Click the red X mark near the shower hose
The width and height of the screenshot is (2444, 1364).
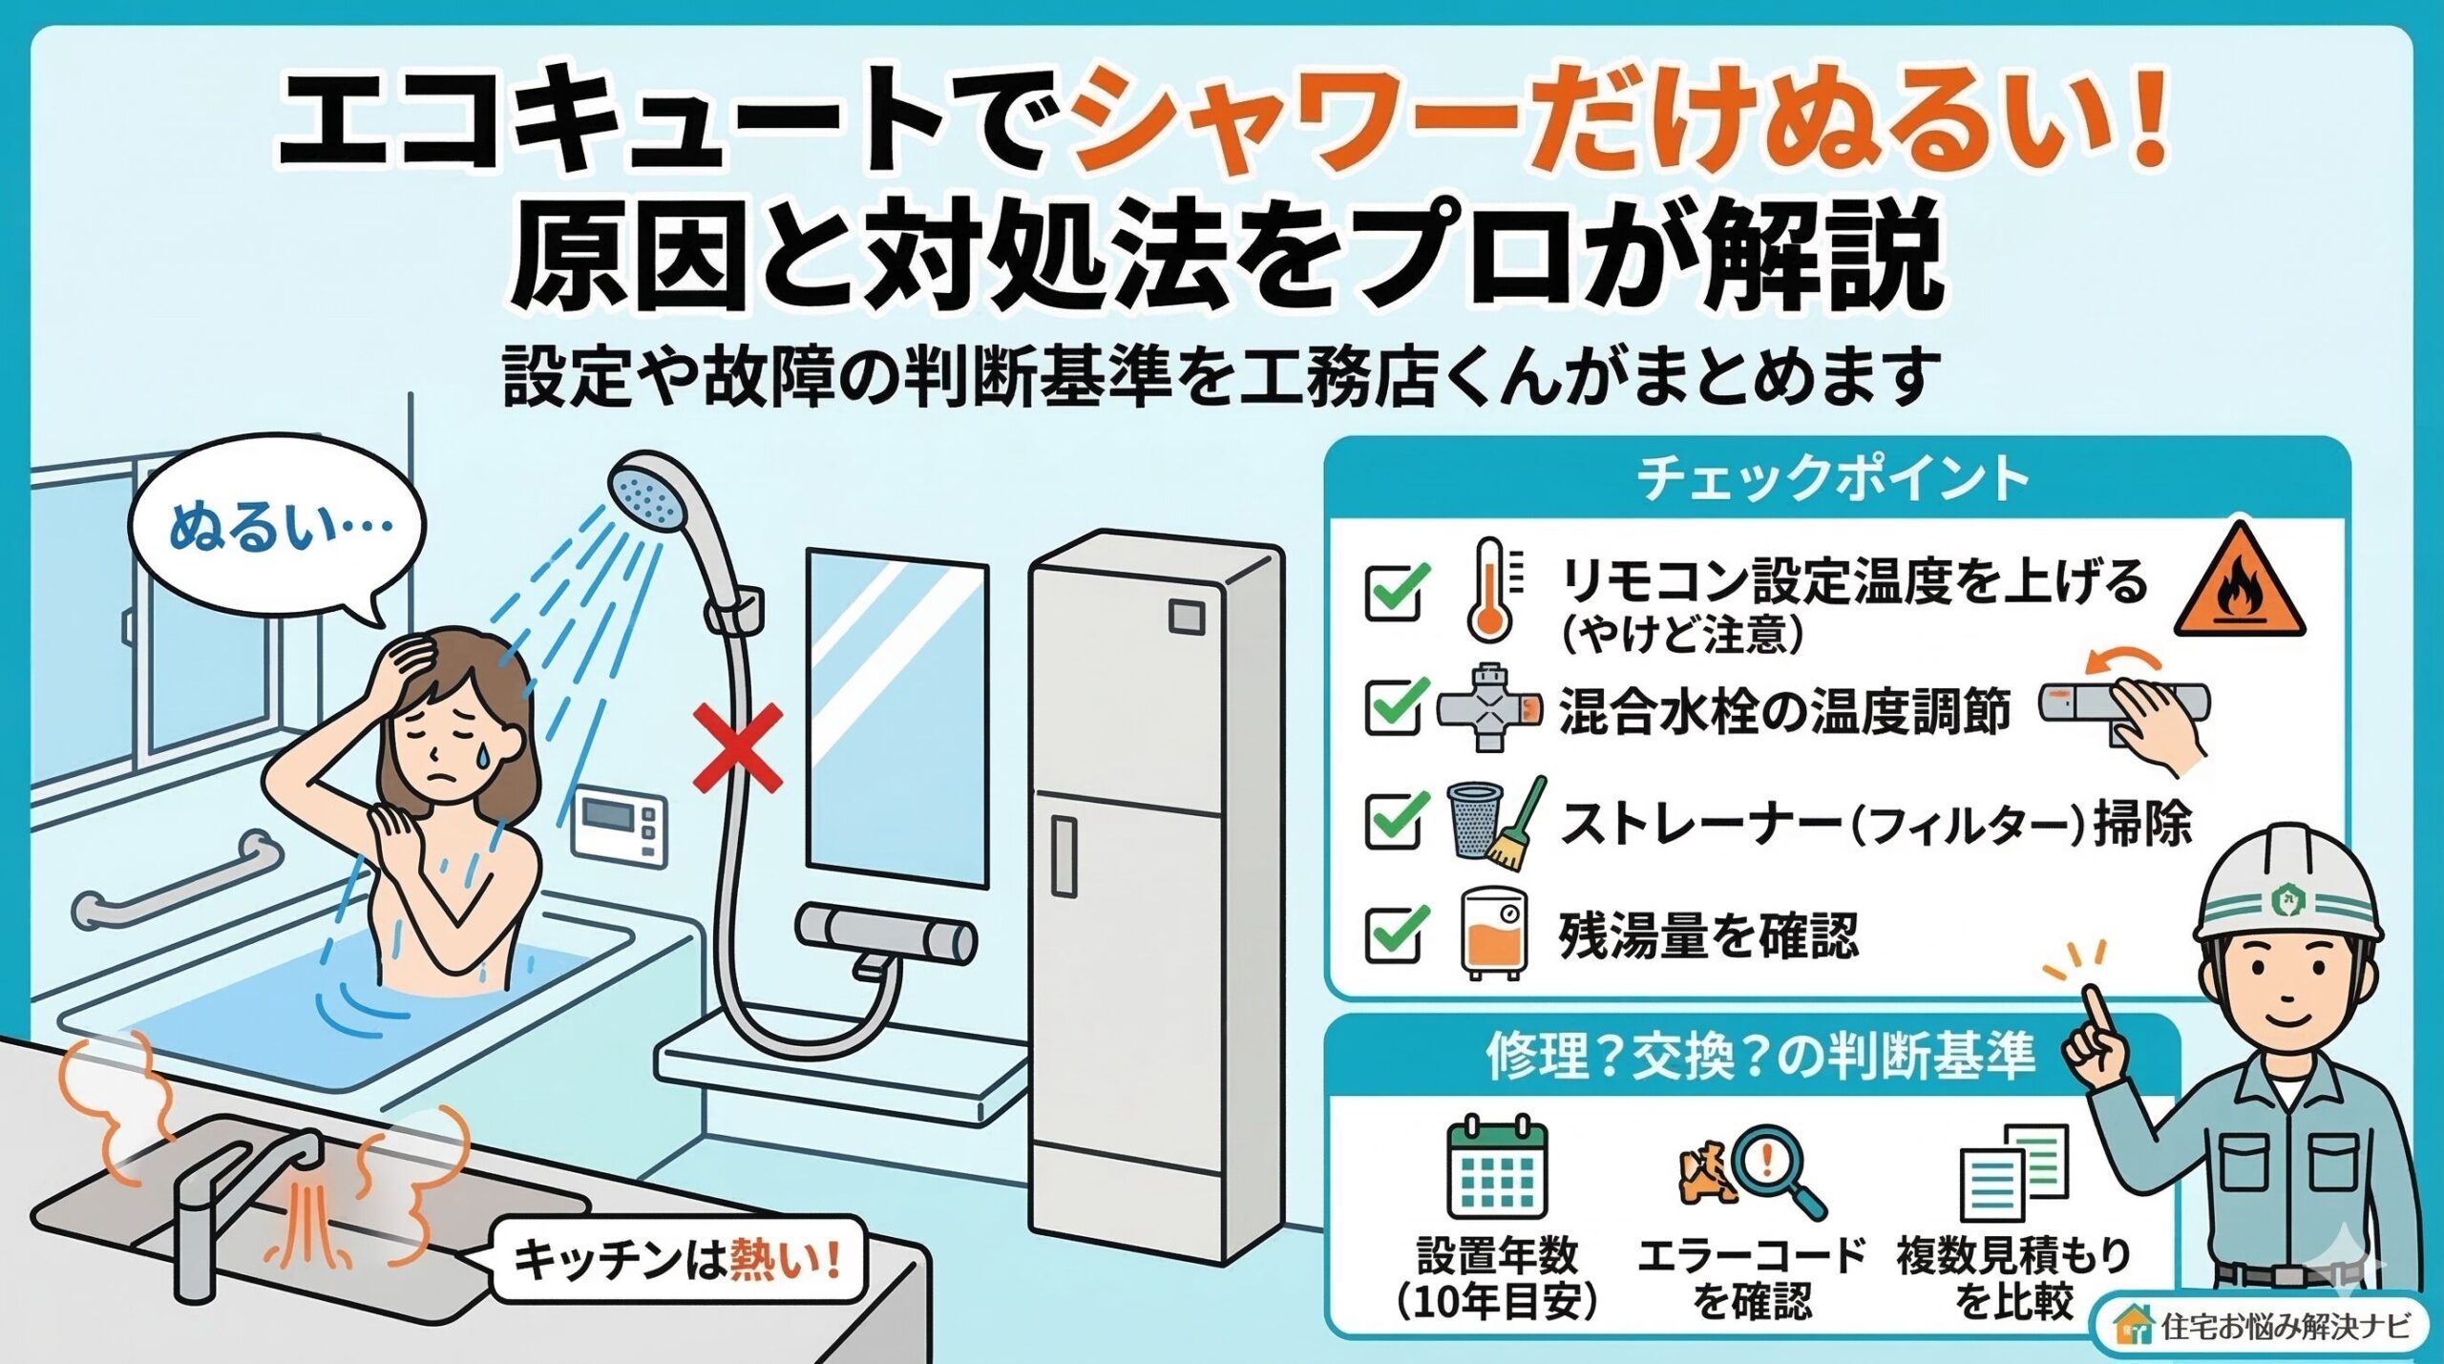[x=737, y=748]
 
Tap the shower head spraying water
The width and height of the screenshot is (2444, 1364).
[x=650, y=492]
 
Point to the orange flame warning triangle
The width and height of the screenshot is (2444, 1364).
[x=2239, y=585]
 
